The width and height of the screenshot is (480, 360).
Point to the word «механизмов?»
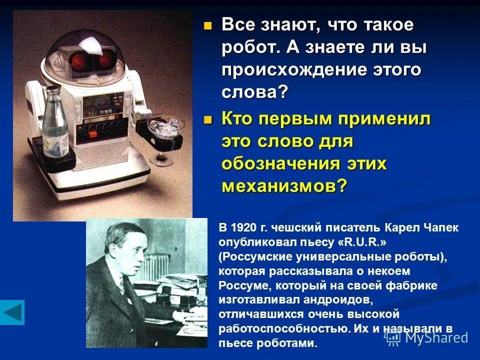pyautogui.click(x=283, y=185)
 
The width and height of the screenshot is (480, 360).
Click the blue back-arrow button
pyautogui.click(x=12, y=312)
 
